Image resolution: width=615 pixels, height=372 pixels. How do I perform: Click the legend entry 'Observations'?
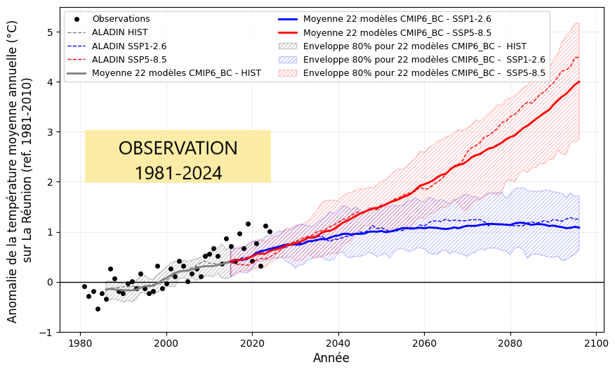[121, 19]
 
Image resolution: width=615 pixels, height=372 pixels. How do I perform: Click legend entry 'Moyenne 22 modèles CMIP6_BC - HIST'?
[176, 73]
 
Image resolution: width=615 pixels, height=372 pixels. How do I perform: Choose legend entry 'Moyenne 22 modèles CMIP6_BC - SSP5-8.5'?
[397, 32]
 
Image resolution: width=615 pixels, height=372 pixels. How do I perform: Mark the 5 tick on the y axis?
[50, 32]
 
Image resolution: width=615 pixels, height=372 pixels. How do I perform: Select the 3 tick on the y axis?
[50, 132]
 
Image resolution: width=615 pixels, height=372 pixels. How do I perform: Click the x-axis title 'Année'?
[330, 358]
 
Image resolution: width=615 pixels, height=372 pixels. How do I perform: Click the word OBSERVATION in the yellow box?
[178, 148]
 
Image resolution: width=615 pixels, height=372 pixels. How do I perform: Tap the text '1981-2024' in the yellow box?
[178, 173]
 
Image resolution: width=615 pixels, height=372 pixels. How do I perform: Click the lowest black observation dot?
[98, 309]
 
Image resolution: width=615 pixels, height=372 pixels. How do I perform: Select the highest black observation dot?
[248, 224]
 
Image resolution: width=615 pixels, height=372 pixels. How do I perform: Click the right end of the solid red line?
[579, 82]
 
